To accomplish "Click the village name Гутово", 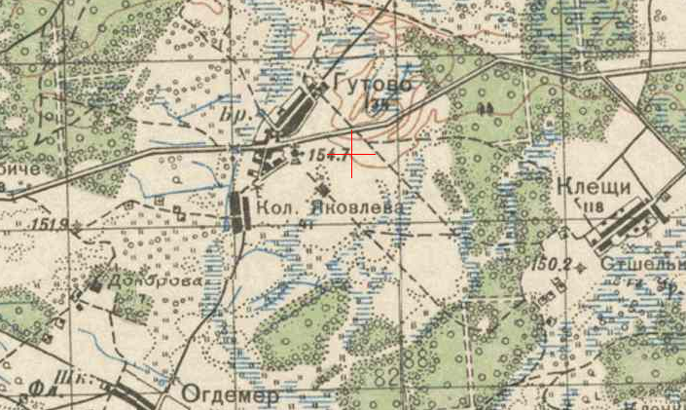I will pyautogui.click(x=372, y=85).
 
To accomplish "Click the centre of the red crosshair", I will pyautogui.click(x=351, y=154).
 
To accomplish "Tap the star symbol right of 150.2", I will pyautogui.click(x=582, y=265).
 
